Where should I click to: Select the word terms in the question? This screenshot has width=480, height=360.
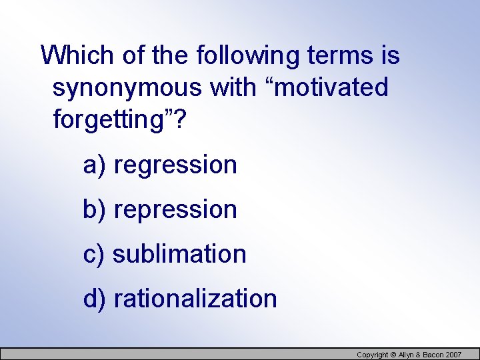[344, 55]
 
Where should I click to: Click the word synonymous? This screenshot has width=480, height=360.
[127, 87]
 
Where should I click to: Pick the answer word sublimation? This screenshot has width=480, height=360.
[179, 254]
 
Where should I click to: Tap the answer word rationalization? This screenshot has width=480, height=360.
[195, 298]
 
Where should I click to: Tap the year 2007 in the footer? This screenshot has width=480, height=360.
[452, 355]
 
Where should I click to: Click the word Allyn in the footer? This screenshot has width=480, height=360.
[407, 355]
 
